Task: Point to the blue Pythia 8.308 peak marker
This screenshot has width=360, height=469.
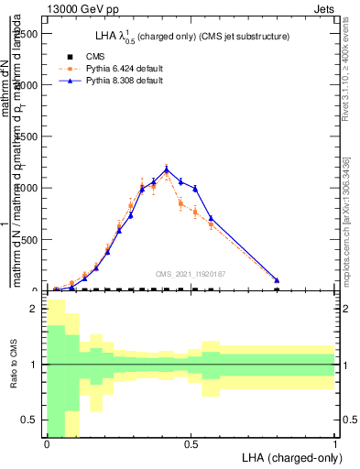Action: tap(166, 169)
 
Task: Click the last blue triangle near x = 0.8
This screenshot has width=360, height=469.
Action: tap(277, 280)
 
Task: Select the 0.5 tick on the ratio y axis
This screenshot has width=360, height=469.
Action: tap(29, 420)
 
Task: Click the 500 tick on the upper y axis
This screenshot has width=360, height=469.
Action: tap(27, 240)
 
